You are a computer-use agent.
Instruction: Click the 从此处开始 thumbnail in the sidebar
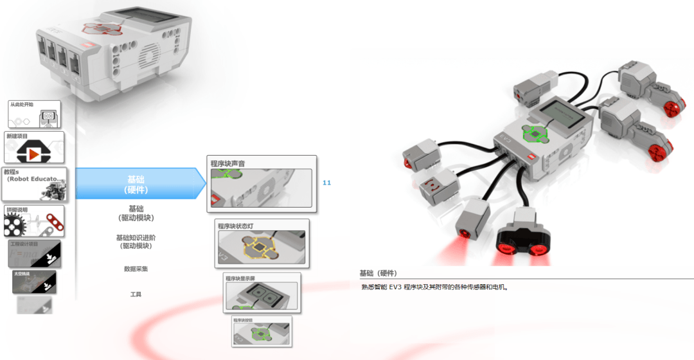pos(34,114)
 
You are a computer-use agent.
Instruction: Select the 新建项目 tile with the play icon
pos(34,147)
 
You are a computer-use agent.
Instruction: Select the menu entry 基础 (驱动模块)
pos(136,213)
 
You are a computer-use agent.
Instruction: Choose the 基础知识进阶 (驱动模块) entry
pos(136,242)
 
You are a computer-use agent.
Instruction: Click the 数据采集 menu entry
pos(136,269)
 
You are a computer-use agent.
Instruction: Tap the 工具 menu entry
pos(136,294)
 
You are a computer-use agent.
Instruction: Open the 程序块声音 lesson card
pos(262,184)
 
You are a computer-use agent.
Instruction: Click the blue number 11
pos(326,183)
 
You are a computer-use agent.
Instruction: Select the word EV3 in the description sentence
pos(395,287)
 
